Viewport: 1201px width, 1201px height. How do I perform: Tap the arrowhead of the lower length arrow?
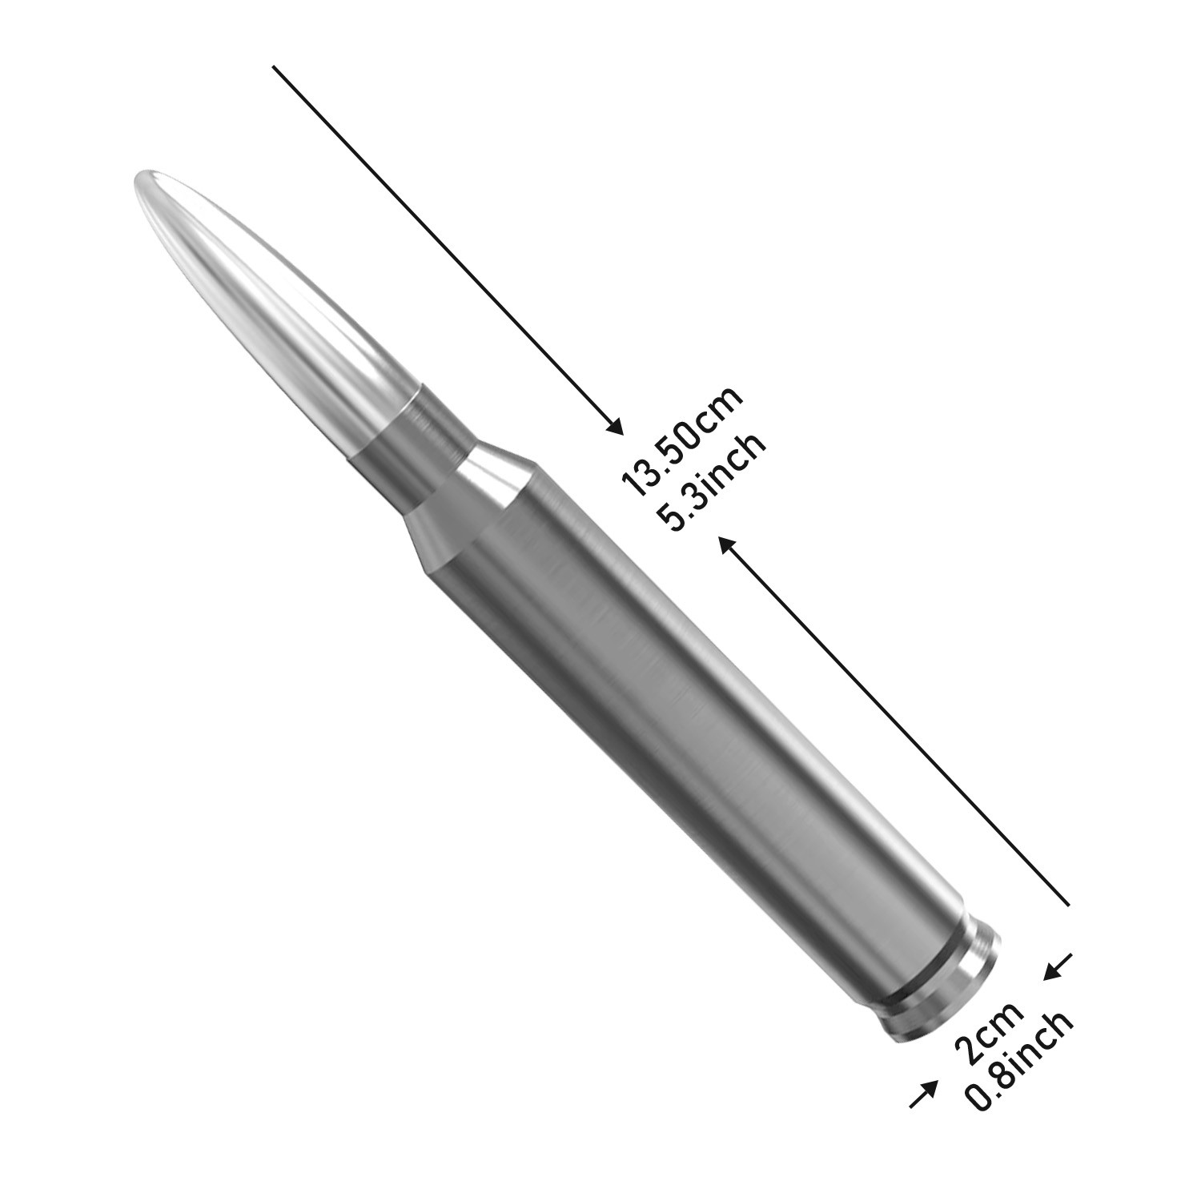[725, 544]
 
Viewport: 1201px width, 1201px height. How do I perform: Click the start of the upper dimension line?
[275, 67]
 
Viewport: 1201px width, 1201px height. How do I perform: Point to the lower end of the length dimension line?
[1069, 905]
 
